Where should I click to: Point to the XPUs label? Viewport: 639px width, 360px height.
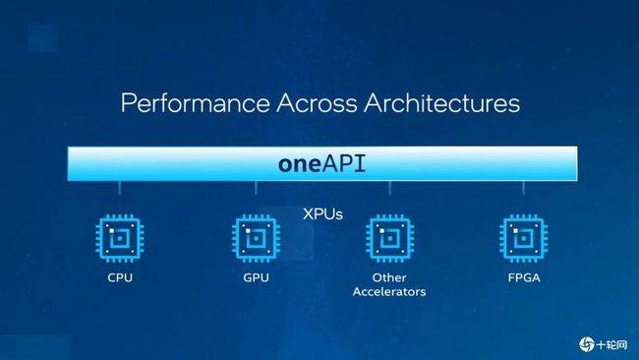click(321, 211)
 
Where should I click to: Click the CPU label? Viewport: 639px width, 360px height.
click(120, 278)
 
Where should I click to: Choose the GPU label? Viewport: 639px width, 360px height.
click(256, 278)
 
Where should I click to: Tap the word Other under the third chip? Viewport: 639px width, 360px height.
click(389, 278)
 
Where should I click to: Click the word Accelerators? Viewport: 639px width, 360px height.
click(389, 292)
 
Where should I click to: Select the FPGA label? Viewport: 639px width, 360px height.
click(523, 278)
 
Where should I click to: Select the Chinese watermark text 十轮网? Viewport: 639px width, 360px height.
click(612, 343)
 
